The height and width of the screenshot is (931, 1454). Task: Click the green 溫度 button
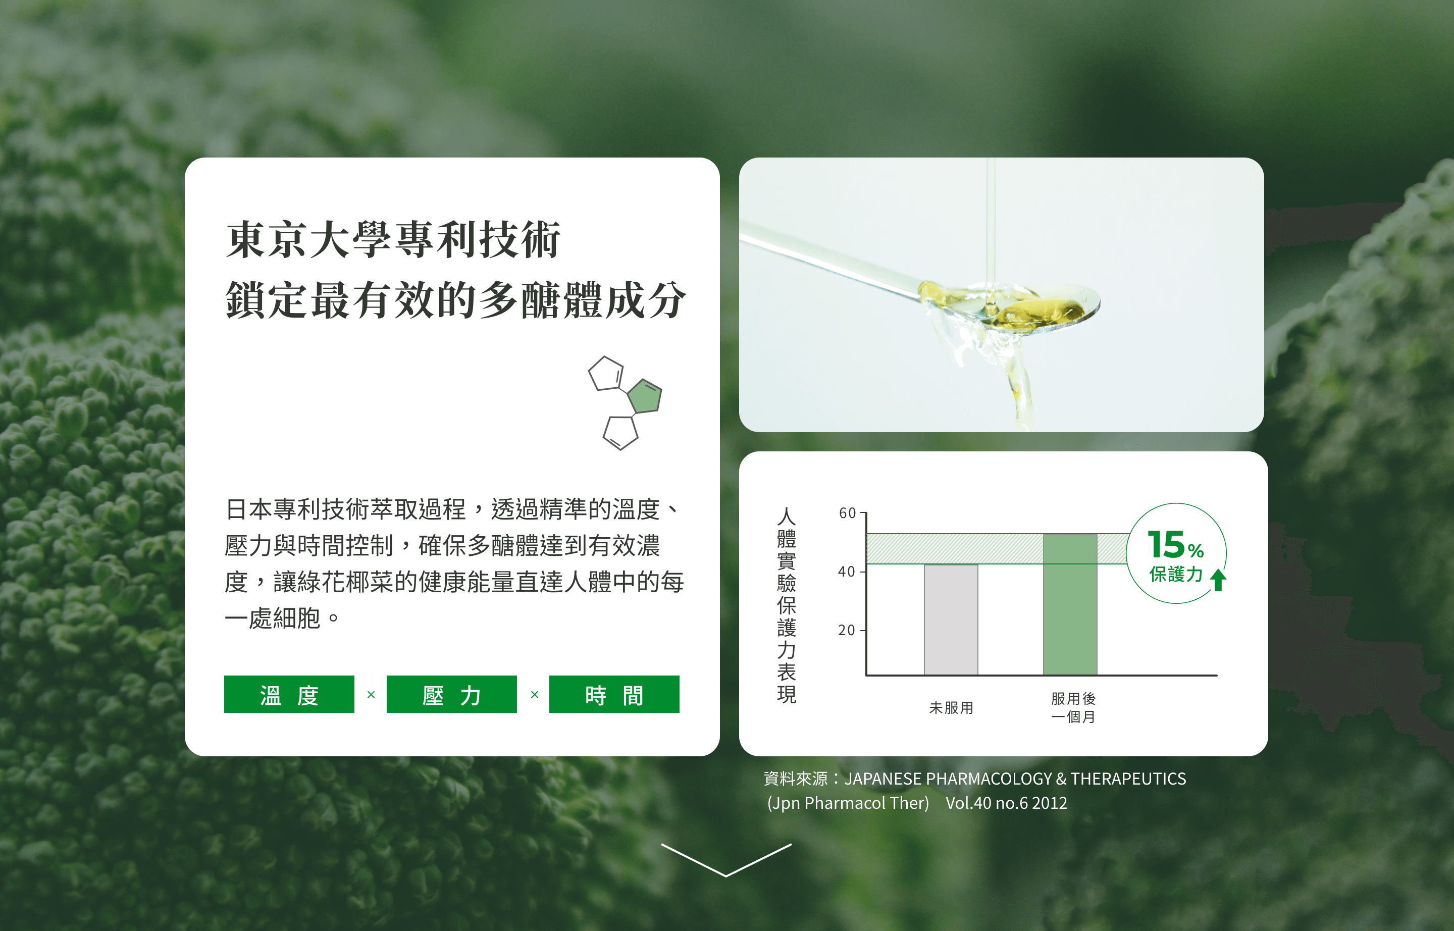(289, 694)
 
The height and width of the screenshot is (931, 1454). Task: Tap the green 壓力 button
(452, 694)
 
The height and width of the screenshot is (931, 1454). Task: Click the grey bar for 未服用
(950, 619)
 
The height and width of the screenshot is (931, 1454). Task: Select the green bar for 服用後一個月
(1069, 604)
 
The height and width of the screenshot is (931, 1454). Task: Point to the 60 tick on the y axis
(848, 513)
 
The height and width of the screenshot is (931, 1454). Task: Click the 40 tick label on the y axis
(847, 572)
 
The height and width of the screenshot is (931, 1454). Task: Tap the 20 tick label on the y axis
(847, 630)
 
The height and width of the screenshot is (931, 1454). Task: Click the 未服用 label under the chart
(951, 708)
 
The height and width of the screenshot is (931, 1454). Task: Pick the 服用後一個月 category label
(1073, 708)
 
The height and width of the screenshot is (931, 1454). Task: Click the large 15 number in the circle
(1166, 545)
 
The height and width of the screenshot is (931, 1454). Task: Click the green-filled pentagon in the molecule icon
(645, 396)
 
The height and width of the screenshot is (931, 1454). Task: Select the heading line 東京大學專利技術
(393, 240)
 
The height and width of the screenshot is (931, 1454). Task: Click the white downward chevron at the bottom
(726, 860)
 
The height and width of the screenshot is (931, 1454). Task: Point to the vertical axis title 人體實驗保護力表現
(786, 604)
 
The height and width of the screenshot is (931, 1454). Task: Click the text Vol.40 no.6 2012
(1006, 803)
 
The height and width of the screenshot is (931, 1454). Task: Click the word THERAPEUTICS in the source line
(1128, 779)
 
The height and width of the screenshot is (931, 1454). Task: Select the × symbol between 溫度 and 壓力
(371, 695)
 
